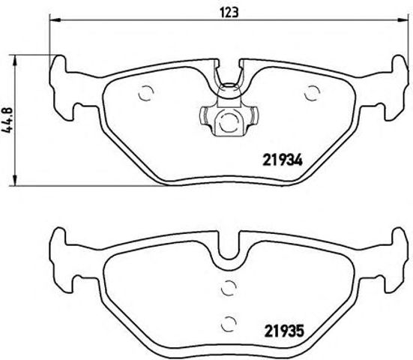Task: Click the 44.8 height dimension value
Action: pyautogui.click(x=10, y=118)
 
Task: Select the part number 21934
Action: pyautogui.click(x=281, y=158)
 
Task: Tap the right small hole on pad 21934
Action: pyautogui.click(x=312, y=93)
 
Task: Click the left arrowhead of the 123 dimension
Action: pyautogui.click(x=55, y=22)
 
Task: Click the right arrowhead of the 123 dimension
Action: pyautogui.click(x=404, y=22)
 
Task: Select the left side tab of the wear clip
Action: pyautogui.click(x=203, y=117)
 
